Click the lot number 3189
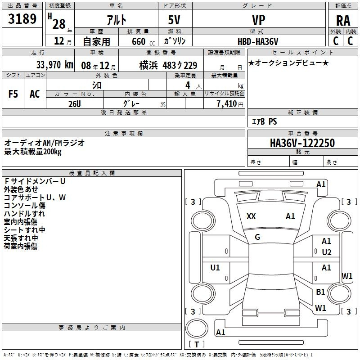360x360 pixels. coord(23,19)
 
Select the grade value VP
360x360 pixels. coord(258,20)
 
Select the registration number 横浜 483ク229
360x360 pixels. coord(168,65)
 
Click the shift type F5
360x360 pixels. coord(13,94)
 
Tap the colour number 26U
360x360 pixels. coord(75,103)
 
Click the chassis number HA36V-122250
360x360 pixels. coord(302,143)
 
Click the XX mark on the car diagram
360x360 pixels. coord(251,216)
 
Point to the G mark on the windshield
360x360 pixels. coord(257,237)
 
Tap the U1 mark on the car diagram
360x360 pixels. coord(215,268)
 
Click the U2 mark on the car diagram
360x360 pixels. coord(327,252)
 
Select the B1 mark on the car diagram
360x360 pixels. coord(320,292)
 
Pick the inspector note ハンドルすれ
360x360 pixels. coord(24,214)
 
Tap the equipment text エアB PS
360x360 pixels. coord(264,121)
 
